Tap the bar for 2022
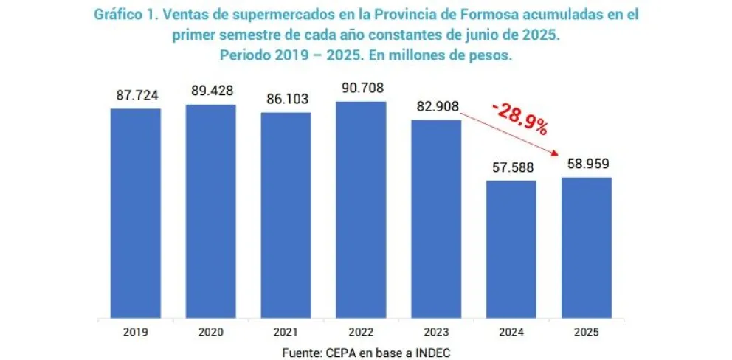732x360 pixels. pyautogui.click(x=361, y=210)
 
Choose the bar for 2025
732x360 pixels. pyautogui.click(x=586, y=248)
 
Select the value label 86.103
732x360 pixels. pyautogui.click(x=286, y=99)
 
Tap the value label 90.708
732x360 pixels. pyautogui.click(x=361, y=88)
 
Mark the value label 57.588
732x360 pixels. pyautogui.click(x=511, y=167)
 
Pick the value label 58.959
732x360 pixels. pyautogui.click(x=587, y=164)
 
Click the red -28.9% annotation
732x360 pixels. pyautogui.click(x=521, y=119)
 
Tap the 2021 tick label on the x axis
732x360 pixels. pyautogui.click(x=286, y=332)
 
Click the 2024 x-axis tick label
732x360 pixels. pyautogui.click(x=511, y=332)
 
